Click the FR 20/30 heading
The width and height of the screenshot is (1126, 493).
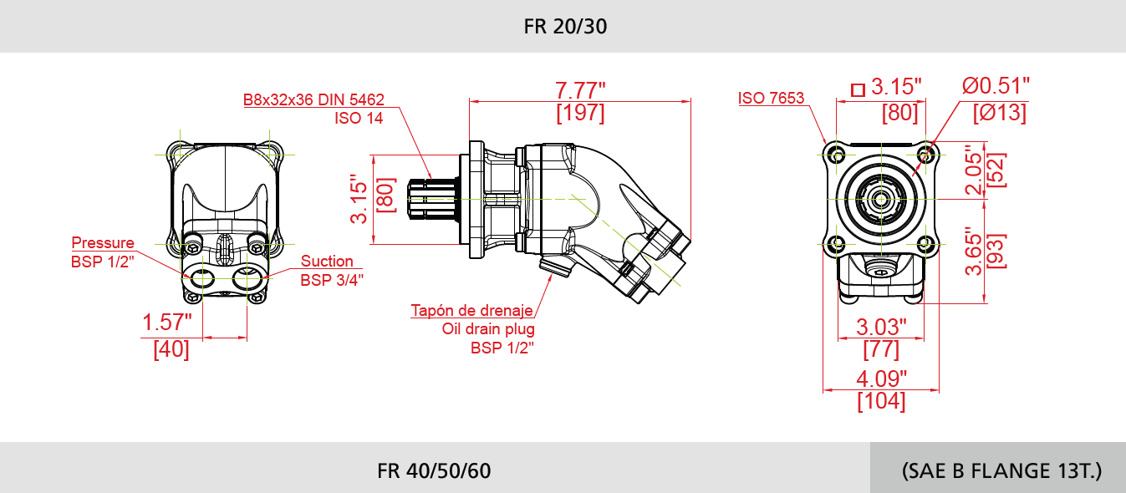pyautogui.click(x=565, y=26)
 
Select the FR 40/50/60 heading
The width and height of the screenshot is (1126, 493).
pyautogui.click(x=434, y=470)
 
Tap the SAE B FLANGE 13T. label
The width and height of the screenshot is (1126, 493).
pyautogui.click(x=1001, y=470)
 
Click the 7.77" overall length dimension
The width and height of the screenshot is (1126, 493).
pyautogui.click(x=580, y=89)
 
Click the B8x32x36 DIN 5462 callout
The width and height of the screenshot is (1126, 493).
pyautogui.click(x=313, y=99)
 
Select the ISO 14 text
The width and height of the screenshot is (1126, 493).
pyautogui.click(x=359, y=118)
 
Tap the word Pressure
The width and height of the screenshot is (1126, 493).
pyautogui.click(x=102, y=243)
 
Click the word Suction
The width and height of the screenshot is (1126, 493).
pyautogui.click(x=327, y=262)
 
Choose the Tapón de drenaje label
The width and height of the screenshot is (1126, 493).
pyautogui.click(x=471, y=311)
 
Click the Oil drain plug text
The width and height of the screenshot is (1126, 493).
pyautogui.click(x=488, y=329)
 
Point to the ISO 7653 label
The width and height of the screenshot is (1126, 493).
pyautogui.click(x=771, y=99)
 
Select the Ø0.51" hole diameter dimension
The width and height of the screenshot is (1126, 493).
pyautogui.click(x=995, y=85)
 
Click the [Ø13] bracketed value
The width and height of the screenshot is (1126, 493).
pyautogui.click(x=999, y=113)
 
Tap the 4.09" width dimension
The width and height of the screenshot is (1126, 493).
pyautogui.click(x=881, y=379)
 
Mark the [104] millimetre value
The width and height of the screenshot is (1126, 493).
pyautogui.click(x=881, y=401)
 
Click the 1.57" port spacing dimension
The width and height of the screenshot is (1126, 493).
pyautogui.click(x=167, y=323)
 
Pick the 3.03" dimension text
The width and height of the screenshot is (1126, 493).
pyautogui.click(x=881, y=325)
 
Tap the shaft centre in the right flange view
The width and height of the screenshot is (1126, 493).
pyautogui.click(x=880, y=199)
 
